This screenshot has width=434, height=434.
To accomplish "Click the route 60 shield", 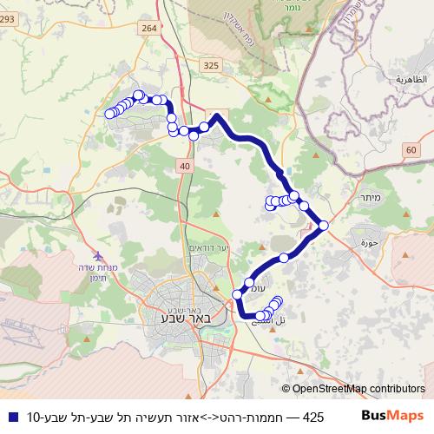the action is (410, 150).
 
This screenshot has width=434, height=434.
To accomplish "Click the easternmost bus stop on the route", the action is (324, 226).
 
